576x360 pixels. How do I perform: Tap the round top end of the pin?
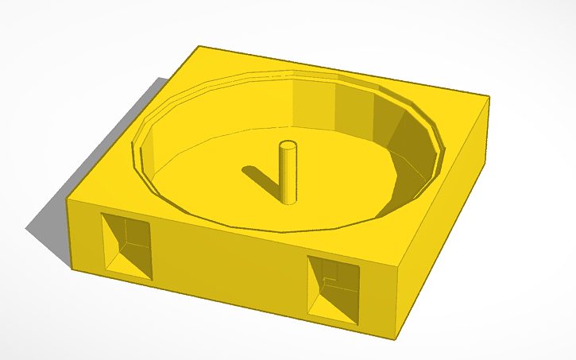[288, 145]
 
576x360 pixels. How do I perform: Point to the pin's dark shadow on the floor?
[261, 180]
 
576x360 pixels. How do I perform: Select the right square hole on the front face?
[333, 288]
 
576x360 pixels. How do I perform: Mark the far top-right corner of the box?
[489, 97]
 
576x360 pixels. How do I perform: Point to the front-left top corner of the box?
[68, 199]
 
